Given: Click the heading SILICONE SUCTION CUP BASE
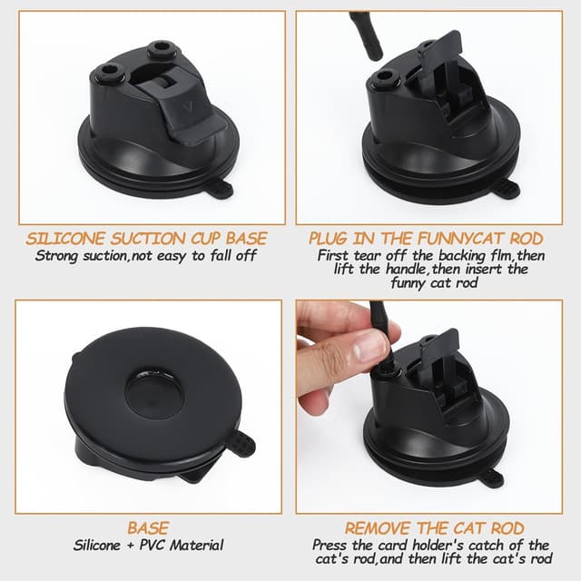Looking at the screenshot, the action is coord(146,238).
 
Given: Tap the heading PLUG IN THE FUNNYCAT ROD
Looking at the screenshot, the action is coord(426,238).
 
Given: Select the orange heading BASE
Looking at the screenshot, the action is coord(148,527).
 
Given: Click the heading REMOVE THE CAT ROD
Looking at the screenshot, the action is coord(434,527).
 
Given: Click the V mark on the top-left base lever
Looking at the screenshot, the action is coord(187,108).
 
